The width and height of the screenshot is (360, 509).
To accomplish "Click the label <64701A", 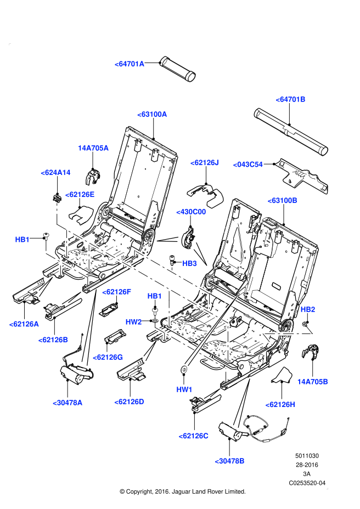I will pyautogui.click(x=130, y=64).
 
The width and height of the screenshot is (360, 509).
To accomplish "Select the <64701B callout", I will pyautogui.click(x=290, y=99).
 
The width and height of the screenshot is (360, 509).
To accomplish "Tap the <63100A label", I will pyautogui.click(x=152, y=114).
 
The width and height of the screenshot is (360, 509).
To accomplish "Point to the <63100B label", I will pyautogui.click(x=282, y=201).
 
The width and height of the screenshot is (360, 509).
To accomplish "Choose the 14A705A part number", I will pyautogui.click(x=93, y=148).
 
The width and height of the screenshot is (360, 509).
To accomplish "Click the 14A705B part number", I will pyautogui.click(x=312, y=382).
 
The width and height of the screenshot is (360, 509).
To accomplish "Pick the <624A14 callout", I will pyautogui.click(x=55, y=173).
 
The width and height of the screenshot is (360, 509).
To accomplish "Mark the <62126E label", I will pyautogui.click(x=80, y=195).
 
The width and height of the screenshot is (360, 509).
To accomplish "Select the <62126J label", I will pyautogui.click(x=204, y=163).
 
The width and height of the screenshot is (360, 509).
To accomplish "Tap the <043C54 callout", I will pyautogui.click(x=248, y=165).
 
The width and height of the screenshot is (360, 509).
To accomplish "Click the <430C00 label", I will pyautogui.click(x=191, y=212).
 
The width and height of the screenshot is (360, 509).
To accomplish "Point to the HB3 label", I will pyautogui.click(x=189, y=264).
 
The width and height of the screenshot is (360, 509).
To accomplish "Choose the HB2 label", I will pyautogui.click(x=308, y=309).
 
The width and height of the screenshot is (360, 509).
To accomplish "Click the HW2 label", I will pyautogui.click(x=133, y=322).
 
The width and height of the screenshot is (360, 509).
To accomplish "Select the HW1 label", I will pyautogui.click(x=184, y=389).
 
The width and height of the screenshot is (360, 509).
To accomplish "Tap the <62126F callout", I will pyautogui.click(x=116, y=292).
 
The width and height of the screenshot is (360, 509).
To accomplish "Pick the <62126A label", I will pyautogui.click(x=24, y=324).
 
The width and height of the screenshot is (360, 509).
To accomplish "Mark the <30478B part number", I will pyautogui.click(x=229, y=461).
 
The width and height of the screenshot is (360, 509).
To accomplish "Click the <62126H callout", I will pyautogui.click(x=280, y=405).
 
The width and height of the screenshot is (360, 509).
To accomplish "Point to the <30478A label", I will pyautogui.click(x=67, y=403).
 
